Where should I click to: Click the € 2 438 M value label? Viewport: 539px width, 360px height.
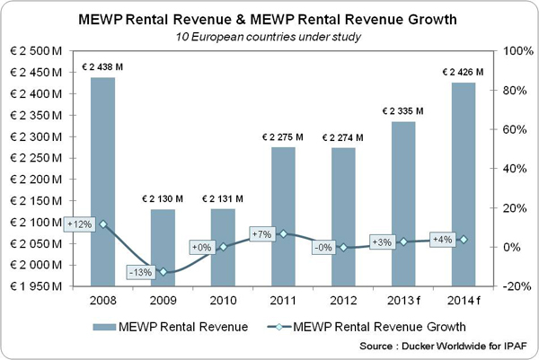pyautogui.click(x=103, y=68)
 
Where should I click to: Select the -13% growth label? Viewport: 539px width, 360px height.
pyautogui.click(x=138, y=272)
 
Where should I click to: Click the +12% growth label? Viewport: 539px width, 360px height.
pyautogui.click(x=78, y=224)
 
